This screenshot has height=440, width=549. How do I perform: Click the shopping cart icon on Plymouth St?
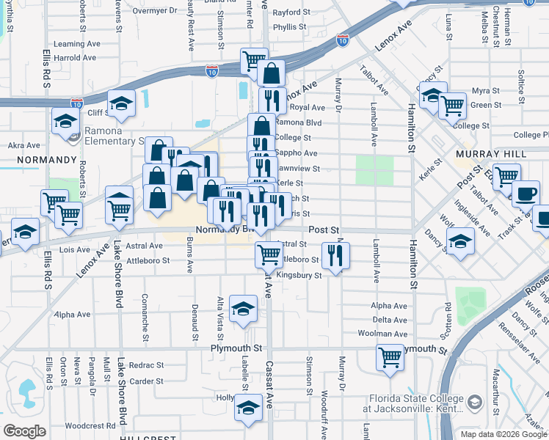390,357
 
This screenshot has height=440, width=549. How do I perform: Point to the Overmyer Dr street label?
157,11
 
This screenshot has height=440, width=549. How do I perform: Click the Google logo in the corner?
24,431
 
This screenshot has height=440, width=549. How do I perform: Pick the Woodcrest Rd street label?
89,425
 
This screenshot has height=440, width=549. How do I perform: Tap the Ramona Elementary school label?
114,136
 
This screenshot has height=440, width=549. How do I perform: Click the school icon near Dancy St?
460,240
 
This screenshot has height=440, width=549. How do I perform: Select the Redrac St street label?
146,364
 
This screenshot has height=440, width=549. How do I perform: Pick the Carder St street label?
146,381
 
